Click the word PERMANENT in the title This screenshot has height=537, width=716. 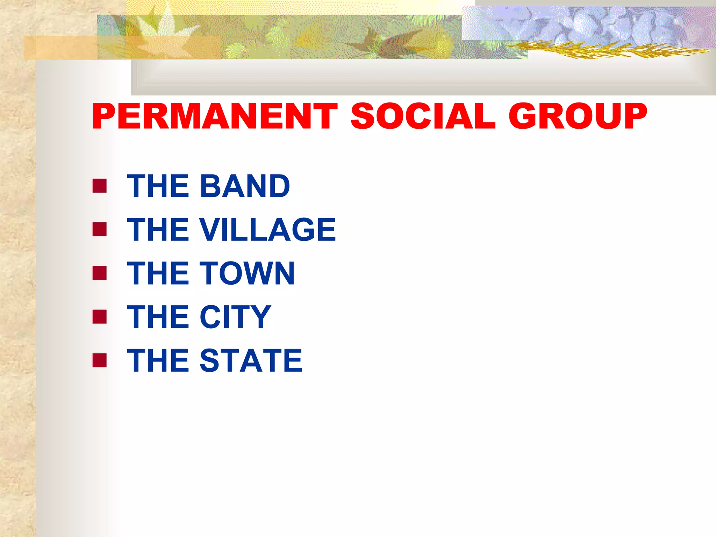(x=215, y=116)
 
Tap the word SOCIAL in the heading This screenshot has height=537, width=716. (x=423, y=116)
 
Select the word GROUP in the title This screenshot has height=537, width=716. (x=578, y=116)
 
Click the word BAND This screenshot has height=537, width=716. (x=245, y=186)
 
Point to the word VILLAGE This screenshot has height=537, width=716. (x=267, y=230)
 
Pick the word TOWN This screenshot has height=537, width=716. (x=247, y=273)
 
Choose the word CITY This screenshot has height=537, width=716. (x=235, y=317)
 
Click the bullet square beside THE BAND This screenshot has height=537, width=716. (x=100, y=186)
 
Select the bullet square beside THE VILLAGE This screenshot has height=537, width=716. (x=100, y=230)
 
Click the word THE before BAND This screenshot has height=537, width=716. (x=159, y=186)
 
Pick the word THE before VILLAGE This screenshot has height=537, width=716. (x=159, y=230)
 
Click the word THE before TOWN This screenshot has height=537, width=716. (x=159, y=273)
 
